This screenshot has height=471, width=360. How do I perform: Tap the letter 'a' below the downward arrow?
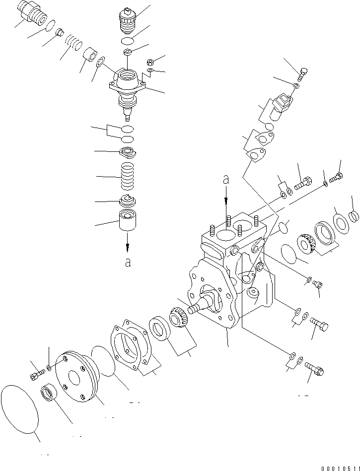coord(128,262)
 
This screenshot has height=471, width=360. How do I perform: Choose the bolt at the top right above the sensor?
coord(302,74)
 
